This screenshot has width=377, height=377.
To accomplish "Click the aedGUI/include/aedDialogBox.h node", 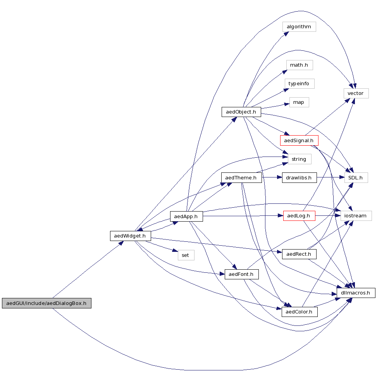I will (46, 303).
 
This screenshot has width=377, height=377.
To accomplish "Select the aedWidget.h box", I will (130, 236).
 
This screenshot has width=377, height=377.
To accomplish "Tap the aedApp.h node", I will (186, 217).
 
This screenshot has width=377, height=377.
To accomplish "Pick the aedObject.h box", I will (241, 112).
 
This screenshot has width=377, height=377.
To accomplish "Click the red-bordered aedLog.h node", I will (299, 215).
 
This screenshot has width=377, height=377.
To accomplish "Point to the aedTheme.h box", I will (241, 177).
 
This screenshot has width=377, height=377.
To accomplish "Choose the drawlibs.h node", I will (300, 177).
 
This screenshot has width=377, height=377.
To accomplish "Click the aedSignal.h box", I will (299, 140).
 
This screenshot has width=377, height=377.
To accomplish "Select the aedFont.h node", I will (241, 274).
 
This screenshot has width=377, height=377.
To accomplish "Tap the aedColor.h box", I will (300, 312).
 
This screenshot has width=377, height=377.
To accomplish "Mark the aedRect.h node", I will (299, 254).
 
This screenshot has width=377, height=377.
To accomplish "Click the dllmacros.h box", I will (356, 293).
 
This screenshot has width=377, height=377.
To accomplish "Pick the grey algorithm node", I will (299, 27).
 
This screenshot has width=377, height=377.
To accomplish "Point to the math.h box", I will (299, 65).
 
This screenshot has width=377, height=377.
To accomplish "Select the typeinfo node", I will (299, 84).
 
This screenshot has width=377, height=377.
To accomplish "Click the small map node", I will (299, 102).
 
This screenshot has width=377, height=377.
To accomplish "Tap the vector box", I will (356, 93).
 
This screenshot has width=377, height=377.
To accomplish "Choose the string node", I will (299, 159).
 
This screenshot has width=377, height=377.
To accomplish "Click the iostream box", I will (356, 216).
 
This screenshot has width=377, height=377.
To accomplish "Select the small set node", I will (186, 255).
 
